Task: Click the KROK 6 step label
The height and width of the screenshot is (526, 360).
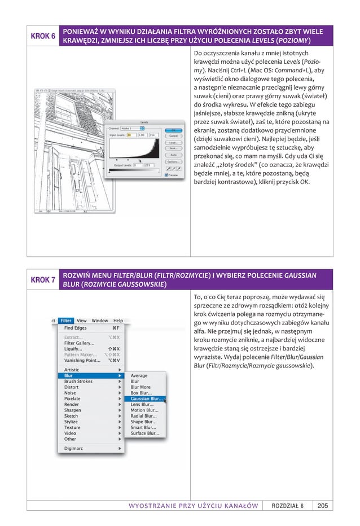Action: pyautogui.click(x=43, y=36)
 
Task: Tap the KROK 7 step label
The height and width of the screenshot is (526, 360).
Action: pyautogui.click(x=43, y=280)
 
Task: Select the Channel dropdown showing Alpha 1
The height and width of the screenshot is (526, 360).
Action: pyautogui.click(x=133, y=129)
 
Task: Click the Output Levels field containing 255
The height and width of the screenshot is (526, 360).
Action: pyautogui.click(x=148, y=165)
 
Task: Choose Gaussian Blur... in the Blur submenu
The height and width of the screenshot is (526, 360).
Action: pyautogui.click(x=147, y=398)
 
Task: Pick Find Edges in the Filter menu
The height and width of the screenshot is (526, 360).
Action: pyautogui.click(x=76, y=328)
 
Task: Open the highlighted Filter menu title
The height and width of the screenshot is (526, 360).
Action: pyautogui.click(x=67, y=321)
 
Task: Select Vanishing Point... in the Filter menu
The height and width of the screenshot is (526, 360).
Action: pyautogui.click(x=82, y=360)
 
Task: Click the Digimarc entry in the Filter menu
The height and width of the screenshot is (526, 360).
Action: pyautogui.click(x=75, y=449)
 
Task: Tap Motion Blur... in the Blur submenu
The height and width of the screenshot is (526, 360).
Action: pyautogui.click(x=144, y=410)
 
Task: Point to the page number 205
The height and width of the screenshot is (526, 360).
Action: pyautogui.click(x=323, y=505)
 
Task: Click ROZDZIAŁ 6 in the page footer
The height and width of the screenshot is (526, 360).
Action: pyautogui.click(x=288, y=505)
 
